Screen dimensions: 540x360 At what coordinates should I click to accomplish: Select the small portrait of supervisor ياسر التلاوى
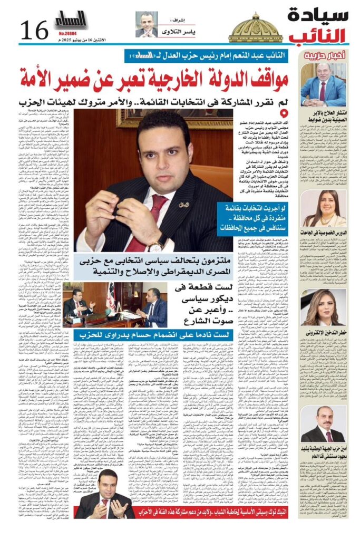coord(146,25)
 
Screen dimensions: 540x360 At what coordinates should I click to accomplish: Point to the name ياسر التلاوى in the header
coord(177,32)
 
